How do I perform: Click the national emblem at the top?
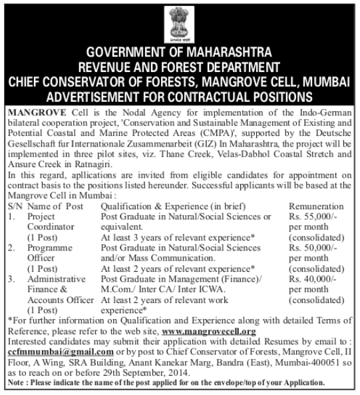[x=180, y=26]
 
